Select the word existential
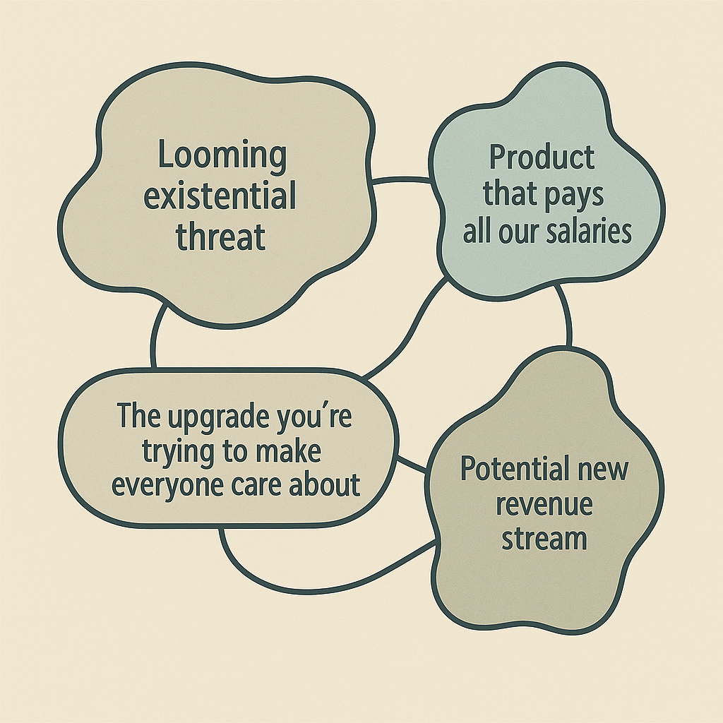(220, 196)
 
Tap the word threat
(220, 235)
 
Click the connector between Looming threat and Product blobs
(402, 180)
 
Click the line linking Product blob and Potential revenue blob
(567, 315)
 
